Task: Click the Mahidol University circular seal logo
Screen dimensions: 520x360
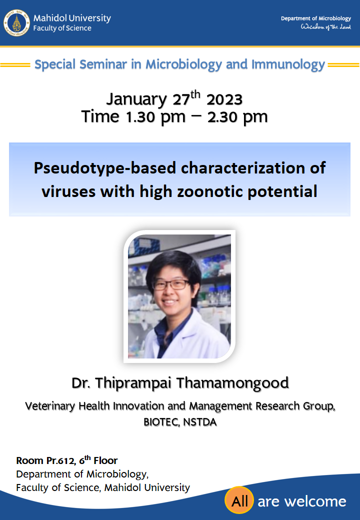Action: coord(16,22)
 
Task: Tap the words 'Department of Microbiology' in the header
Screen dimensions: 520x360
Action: coord(315,18)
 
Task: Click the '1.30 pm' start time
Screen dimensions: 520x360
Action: coord(155,116)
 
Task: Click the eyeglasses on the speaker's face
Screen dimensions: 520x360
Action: coord(170,284)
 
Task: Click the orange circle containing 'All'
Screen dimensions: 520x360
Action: coord(239,501)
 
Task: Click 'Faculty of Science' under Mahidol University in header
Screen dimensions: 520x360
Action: coord(62,28)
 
